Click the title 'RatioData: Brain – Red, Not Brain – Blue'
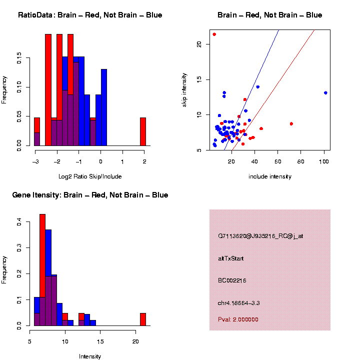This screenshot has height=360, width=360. click(x=90, y=15)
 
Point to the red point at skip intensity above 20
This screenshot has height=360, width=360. click(x=214, y=34)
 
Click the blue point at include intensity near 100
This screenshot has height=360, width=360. click(x=325, y=93)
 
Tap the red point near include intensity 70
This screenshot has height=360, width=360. click(x=291, y=123)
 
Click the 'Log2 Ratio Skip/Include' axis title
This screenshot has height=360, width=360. click(x=90, y=176)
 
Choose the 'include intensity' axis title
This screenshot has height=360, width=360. click(x=270, y=176)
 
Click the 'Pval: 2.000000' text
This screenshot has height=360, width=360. click(x=238, y=319)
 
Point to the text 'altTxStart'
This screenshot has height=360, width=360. click(x=231, y=258)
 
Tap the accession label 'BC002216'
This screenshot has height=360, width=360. click(x=232, y=280)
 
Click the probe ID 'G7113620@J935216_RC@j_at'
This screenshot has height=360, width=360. click(x=260, y=236)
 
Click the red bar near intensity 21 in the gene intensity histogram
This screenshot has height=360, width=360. click(x=143, y=319)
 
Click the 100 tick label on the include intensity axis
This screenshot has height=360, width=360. click(x=324, y=161)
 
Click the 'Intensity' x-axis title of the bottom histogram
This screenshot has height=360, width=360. click(x=90, y=356)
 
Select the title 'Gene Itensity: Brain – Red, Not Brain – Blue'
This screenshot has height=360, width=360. click(x=90, y=195)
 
